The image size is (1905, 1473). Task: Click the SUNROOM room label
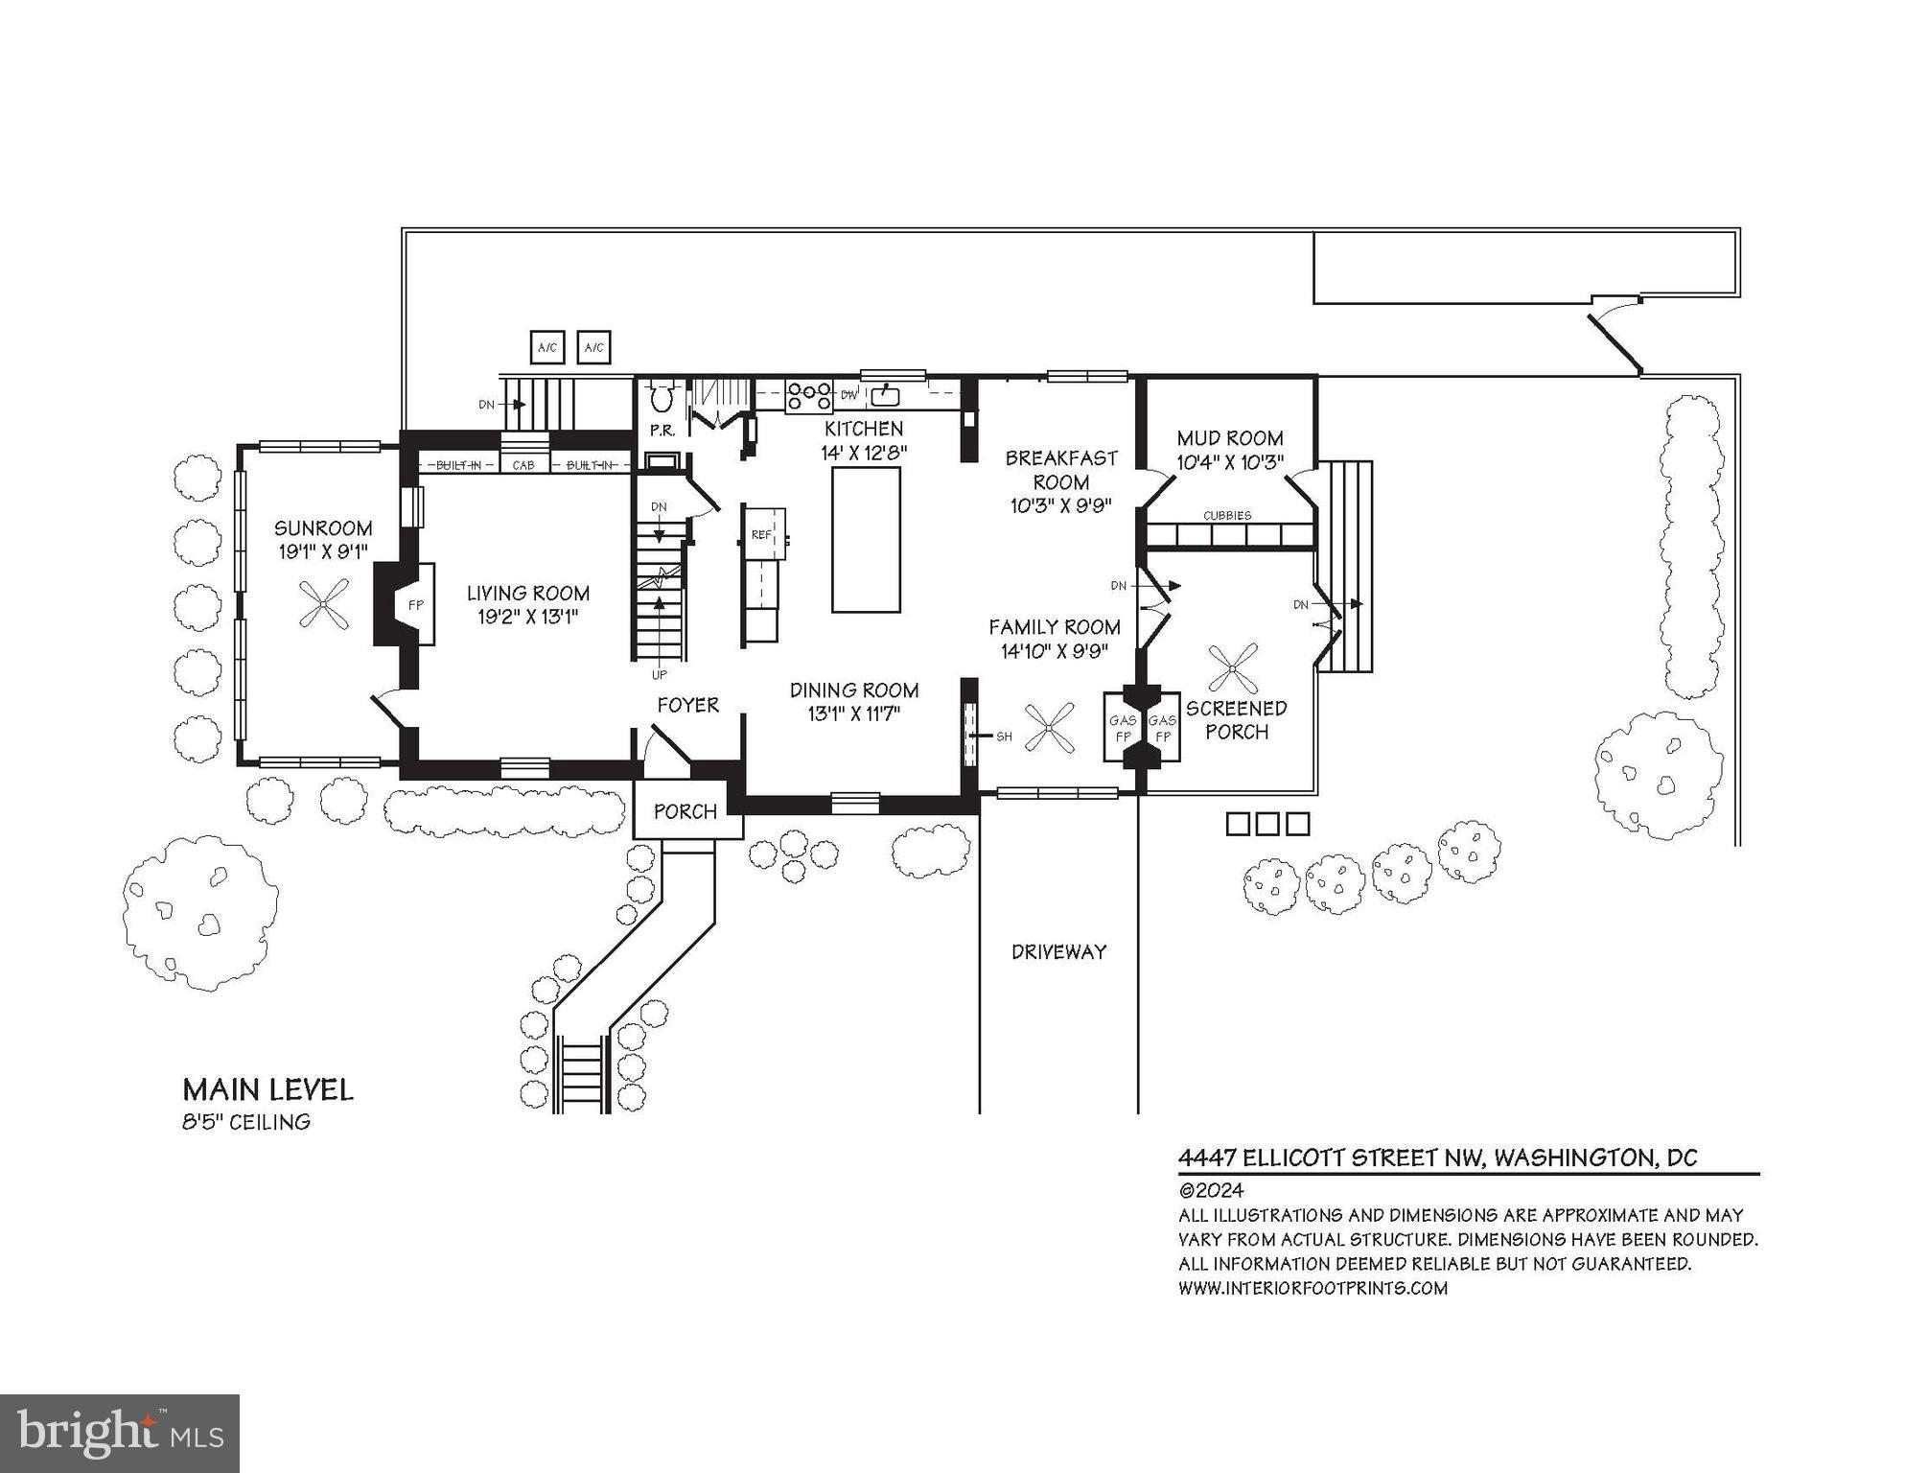tap(323, 528)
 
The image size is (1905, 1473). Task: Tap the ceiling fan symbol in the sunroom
tap(323, 604)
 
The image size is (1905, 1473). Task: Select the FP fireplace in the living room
tap(415, 605)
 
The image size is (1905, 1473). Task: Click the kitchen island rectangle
tap(865, 539)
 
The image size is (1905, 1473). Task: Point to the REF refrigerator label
tap(760, 534)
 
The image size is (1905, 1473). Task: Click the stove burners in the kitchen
tap(808, 395)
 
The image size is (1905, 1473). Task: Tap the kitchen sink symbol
tap(884, 395)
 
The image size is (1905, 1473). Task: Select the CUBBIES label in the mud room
tap(1227, 516)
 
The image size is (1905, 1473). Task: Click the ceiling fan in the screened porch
tap(1233, 668)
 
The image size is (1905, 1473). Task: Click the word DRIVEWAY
tap(1058, 952)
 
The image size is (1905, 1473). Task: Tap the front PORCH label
tap(685, 812)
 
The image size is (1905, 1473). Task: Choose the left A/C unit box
tap(547, 347)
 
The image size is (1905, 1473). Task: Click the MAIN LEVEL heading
tap(267, 1089)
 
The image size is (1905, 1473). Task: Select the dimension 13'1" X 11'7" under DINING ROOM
tap(853, 714)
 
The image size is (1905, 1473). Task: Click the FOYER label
tap(687, 706)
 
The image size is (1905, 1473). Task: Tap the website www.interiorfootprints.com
tap(1313, 1288)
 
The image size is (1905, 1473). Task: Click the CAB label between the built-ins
tap(523, 465)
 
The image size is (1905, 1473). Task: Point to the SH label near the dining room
tap(1004, 736)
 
